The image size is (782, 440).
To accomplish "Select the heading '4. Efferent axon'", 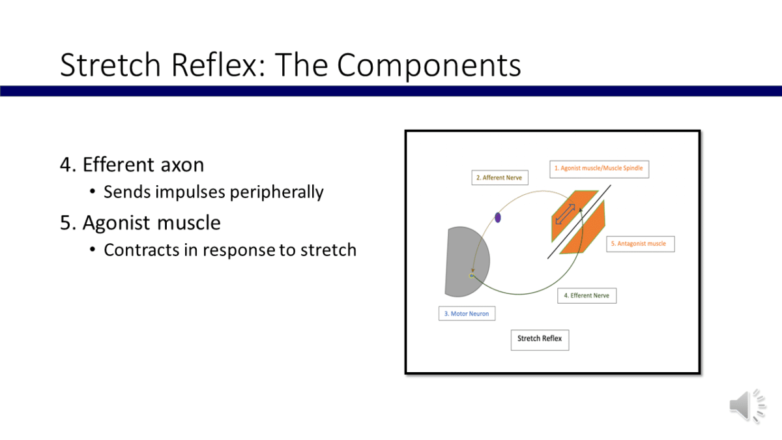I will [x=132, y=165].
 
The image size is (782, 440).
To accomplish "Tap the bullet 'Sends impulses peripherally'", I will [x=213, y=192].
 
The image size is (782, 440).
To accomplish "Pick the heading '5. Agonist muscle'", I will [x=140, y=223].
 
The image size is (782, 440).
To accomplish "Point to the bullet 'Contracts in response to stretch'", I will [x=229, y=250].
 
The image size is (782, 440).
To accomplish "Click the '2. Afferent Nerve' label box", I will [x=500, y=177].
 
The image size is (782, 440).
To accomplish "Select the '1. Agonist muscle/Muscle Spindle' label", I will [x=598, y=168].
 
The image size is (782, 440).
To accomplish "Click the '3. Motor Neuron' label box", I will [x=466, y=314].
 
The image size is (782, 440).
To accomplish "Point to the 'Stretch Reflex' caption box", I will [x=539, y=339].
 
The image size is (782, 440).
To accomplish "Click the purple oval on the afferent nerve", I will [x=498, y=218].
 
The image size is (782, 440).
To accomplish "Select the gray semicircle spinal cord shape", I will [x=459, y=261].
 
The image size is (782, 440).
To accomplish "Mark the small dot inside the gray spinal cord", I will [x=471, y=276].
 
